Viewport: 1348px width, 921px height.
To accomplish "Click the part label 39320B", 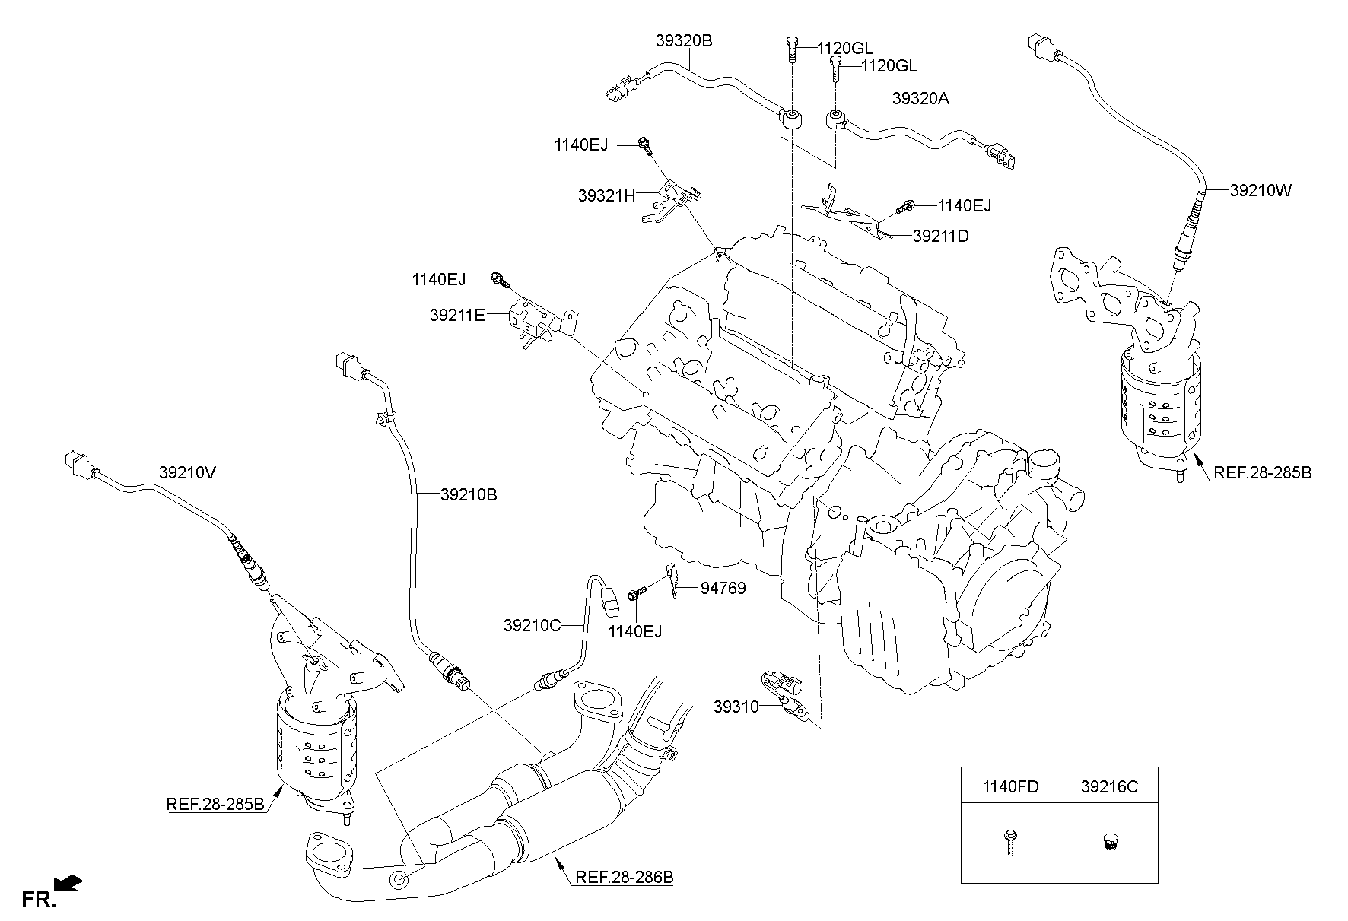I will (x=683, y=40).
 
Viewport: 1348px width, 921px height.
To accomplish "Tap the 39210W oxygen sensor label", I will (x=1260, y=190).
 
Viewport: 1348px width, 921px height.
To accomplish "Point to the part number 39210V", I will (x=188, y=472).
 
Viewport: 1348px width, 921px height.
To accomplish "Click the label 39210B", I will (x=468, y=495).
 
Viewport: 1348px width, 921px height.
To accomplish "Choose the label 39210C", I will (x=531, y=625).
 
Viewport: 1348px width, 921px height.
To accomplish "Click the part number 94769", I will (x=723, y=588).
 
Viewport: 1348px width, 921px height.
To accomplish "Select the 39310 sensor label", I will (x=736, y=707).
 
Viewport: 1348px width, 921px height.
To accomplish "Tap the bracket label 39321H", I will (x=606, y=195).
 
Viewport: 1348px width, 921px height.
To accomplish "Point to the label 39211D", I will (x=940, y=237).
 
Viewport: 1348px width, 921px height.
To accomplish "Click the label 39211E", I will (x=456, y=314).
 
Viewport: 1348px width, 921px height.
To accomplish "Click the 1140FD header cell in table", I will (x=1009, y=786).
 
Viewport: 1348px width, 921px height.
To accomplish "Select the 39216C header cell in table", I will (x=1108, y=786).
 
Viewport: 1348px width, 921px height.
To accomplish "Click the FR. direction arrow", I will (x=68, y=884).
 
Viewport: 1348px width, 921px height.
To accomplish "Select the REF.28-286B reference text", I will (x=624, y=877).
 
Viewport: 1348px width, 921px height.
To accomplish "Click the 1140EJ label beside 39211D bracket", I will (x=964, y=205).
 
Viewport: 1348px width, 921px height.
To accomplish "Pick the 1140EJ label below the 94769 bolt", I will (x=635, y=631).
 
